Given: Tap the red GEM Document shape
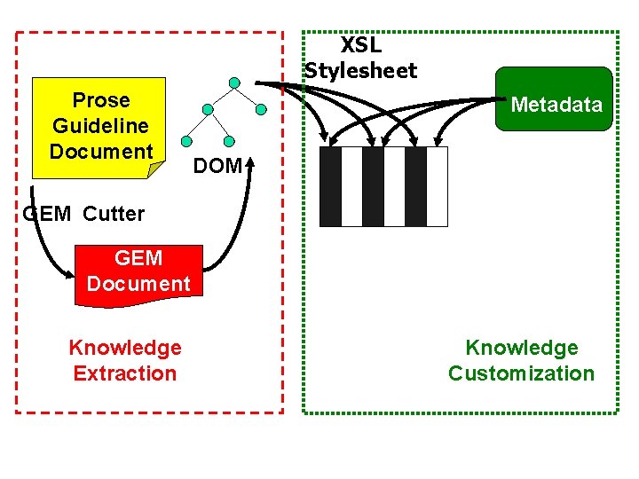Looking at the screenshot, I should click(138, 271).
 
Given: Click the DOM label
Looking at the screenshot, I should click(217, 165).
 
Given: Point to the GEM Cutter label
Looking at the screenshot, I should click(83, 213).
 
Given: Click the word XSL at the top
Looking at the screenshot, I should click(360, 46).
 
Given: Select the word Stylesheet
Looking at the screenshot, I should click(360, 71).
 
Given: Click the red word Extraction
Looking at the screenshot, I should click(125, 373).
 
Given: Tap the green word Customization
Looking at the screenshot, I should click(521, 373).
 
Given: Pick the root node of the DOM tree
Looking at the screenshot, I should click(234, 83).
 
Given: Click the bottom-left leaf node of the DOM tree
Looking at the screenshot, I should click(185, 141).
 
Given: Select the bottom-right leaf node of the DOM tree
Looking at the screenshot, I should click(229, 141).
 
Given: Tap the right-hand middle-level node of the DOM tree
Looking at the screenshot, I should click(261, 110).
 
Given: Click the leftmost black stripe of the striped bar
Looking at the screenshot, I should click(330, 186).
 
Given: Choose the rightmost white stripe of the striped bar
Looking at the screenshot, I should click(437, 186).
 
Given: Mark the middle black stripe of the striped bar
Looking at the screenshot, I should click(373, 186).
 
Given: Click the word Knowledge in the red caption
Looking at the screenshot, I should click(125, 348).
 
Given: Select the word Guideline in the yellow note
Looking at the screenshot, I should click(100, 126).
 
